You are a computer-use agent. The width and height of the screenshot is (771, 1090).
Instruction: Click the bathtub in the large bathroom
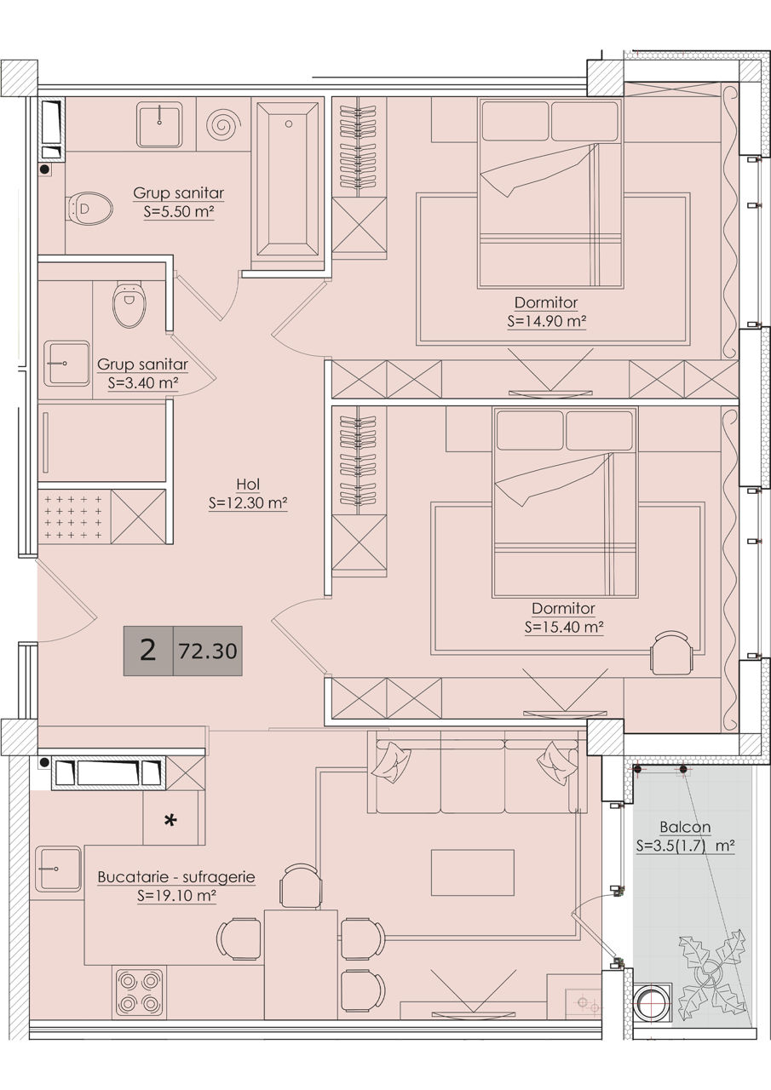tap(288, 182)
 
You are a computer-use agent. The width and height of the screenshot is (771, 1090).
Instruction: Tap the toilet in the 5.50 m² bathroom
tap(89, 209)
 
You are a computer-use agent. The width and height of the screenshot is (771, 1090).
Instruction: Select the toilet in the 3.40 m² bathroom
tap(129, 305)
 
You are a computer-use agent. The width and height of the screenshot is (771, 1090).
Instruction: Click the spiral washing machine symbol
tap(223, 124)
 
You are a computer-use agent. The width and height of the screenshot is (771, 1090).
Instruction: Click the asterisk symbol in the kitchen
tap(170, 820)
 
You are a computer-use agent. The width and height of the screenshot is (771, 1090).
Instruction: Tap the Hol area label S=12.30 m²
tap(248, 502)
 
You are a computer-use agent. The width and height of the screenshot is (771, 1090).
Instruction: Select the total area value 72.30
tap(208, 651)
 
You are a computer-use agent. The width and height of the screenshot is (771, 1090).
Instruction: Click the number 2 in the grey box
tap(147, 650)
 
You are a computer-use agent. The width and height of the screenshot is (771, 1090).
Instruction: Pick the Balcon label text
tap(685, 827)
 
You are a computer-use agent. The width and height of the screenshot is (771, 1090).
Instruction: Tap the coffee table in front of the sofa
tap(473, 873)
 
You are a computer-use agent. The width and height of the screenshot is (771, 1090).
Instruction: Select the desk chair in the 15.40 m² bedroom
tap(672, 652)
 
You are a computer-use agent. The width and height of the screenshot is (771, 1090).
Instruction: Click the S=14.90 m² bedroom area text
tap(546, 321)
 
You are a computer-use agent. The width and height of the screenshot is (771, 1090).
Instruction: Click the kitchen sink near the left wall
tap(58, 869)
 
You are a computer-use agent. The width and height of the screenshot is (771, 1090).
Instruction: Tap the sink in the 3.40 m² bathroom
tap(66, 363)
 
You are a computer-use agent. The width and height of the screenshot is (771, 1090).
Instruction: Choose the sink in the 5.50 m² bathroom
tap(159, 124)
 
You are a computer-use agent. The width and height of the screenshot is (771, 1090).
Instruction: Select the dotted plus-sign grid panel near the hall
tap(73, 517)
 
